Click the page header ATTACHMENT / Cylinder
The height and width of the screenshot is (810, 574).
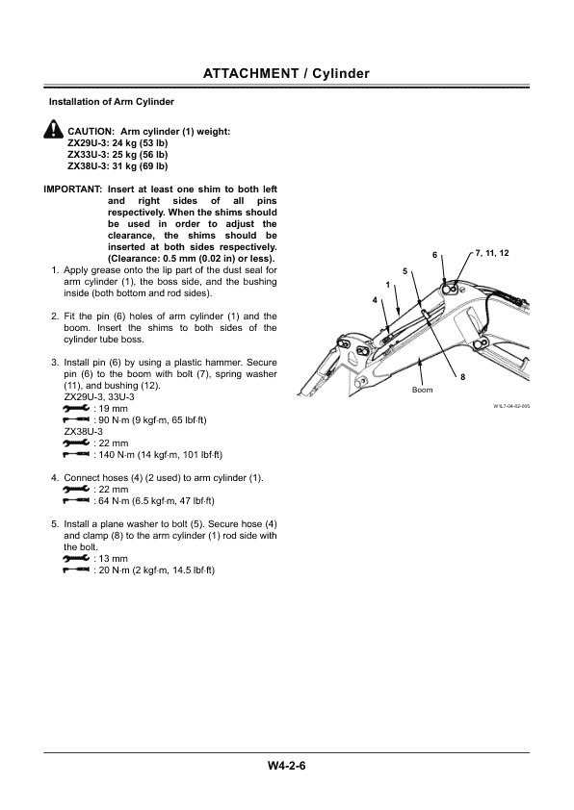(x=287, y=73)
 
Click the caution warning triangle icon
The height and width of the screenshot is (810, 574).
(x=52, y=131)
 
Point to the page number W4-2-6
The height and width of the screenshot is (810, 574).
(x=287, y=767)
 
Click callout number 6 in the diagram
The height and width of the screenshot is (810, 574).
(x=434, y=254)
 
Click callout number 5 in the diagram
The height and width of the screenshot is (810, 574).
(x=405, y=270)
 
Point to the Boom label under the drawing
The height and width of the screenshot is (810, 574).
(x=422, y=390)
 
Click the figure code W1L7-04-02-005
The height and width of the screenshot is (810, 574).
(x=510, y=407)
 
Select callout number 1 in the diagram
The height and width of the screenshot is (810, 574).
(x=387, y=285)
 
